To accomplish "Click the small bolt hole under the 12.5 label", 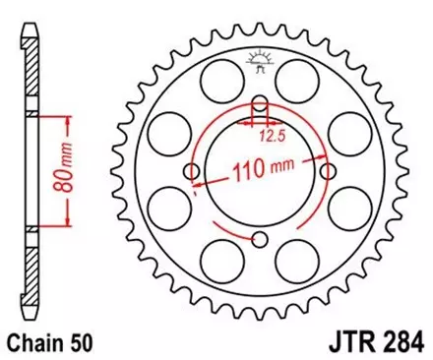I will [x=260, y=105].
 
